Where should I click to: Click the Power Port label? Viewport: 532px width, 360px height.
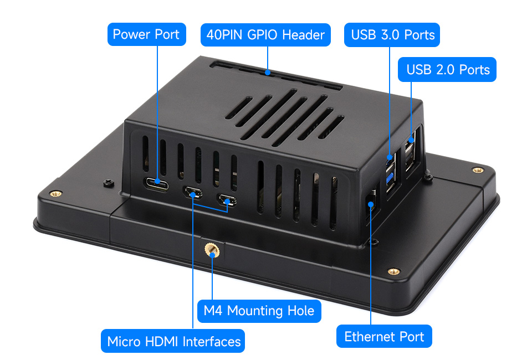[146, 34]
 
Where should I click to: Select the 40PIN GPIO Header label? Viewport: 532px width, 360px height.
[265, 35]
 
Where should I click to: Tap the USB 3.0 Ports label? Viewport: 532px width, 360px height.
[392, 35]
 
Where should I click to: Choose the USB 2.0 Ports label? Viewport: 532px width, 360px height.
[447, 69]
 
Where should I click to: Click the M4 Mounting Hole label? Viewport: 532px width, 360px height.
[259, 311]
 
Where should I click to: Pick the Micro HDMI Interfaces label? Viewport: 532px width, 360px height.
[173, 341]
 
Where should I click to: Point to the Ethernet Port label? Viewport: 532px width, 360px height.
[384, 336]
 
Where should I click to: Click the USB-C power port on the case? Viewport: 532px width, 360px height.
[157, 184]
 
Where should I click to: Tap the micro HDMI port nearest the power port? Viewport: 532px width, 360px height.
[193, 193]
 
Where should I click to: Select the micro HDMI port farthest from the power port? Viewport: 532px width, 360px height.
[227, 200]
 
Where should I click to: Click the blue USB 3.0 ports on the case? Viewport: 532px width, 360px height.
[392, 173]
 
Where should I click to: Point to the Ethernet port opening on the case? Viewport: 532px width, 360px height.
[371, 205]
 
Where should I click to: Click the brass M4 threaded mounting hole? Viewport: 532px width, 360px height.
[212, 250]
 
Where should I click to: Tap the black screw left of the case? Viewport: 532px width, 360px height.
[108, 183]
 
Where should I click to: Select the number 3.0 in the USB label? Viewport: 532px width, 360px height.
[386, 35]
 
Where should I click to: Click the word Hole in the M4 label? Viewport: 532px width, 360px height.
[301, 311]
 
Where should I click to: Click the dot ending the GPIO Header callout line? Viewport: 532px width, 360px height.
[268, 72]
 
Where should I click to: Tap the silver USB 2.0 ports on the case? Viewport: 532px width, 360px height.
[410, 152]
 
